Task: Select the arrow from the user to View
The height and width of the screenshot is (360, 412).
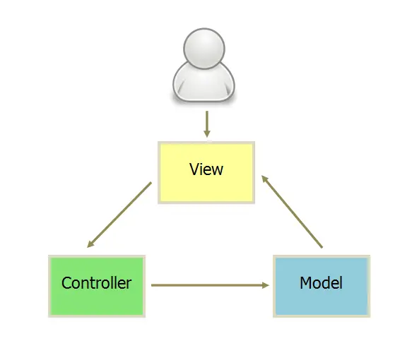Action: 206,123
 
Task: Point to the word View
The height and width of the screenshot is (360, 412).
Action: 206,169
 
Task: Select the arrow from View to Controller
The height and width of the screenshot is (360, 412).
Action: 119,215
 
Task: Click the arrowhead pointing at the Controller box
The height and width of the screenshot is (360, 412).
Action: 90,244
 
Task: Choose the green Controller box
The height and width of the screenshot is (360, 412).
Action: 97,286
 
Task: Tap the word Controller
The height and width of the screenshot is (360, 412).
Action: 97,284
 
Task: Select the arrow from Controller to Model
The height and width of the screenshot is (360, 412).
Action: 211,285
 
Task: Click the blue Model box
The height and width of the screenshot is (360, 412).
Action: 321,286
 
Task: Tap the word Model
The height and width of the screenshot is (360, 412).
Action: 321,284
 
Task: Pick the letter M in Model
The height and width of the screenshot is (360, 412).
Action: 306,284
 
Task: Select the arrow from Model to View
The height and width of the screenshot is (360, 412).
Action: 292,211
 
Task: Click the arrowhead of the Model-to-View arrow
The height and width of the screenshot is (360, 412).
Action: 265,179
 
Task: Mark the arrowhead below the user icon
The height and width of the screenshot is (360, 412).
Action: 206,133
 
